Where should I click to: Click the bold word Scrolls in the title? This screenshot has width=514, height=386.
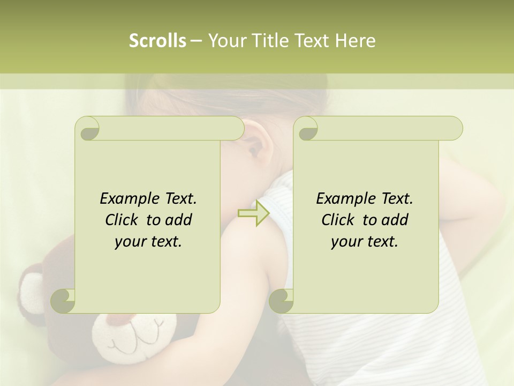pyautogui.click(x=157, y=41)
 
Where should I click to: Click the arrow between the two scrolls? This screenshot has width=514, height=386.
pyautogui.click(x=253, y=213)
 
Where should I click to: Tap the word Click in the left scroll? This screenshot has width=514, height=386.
pyautogui.click(x=123, y=220)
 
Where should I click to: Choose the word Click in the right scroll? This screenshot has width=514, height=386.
pyautogui.click(x=339, y=220)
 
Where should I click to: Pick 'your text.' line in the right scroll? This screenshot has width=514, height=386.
pyautogui.click(x=365, y=242)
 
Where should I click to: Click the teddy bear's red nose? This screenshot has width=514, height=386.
pyautogui.click(x=119, y=320)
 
